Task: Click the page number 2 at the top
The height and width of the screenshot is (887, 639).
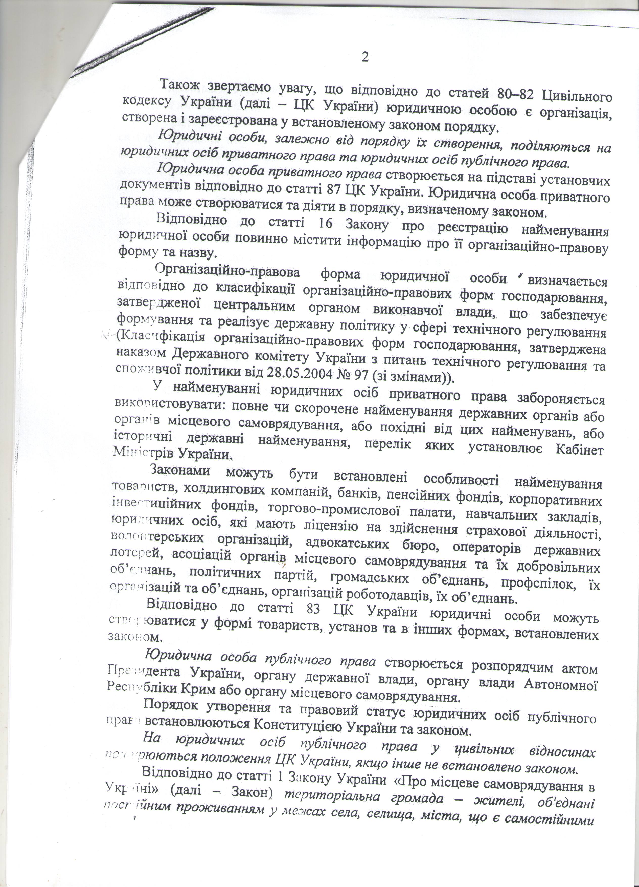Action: [x=365, y=57]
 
